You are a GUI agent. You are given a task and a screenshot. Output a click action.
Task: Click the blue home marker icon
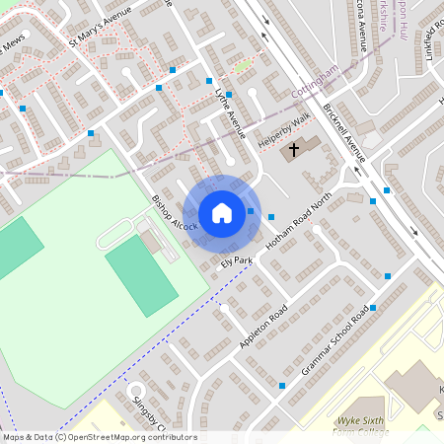pyautogui.click(x=222, y=212)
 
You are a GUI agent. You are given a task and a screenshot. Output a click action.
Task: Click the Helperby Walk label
pyautogui.click(x=283, y=129)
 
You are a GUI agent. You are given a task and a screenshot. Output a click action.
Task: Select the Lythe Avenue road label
pyautogui.click(x=229, y=110)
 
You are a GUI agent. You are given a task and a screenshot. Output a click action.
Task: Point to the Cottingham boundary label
pyautogui.click(x=316, y=80)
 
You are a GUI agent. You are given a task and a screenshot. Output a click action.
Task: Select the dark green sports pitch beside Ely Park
pyautogui.click(x=140, y=275)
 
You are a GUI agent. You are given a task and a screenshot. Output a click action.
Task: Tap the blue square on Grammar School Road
pyautogui.click(x=373, y=308)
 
